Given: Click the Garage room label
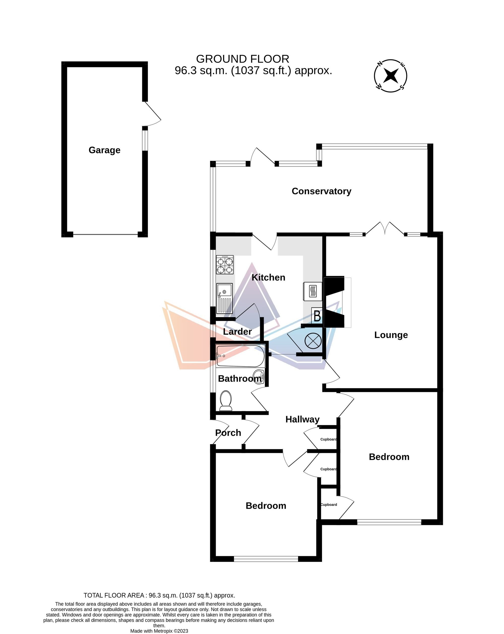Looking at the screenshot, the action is coord(104,150).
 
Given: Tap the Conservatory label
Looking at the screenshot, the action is coord(321,191).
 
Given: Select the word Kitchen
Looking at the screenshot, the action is coord(268,277).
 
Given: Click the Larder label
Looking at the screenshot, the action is coord(237,331).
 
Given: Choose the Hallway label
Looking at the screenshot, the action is coord(302,419).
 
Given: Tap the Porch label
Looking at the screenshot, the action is coord(228,433).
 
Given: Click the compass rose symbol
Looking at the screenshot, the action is coord(391,76).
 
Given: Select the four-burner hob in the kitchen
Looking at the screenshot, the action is coord(225,265).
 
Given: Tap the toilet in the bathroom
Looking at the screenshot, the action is coord(226,401).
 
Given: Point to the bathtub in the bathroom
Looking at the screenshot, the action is coord(240,356).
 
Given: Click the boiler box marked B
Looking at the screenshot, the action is coord(317,316).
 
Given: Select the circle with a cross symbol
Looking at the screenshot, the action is coord(313,341).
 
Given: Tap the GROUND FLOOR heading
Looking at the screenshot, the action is coord(242,59).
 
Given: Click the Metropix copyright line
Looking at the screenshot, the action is coord(159,631).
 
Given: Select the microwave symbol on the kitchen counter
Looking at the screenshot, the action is coord(313,291).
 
